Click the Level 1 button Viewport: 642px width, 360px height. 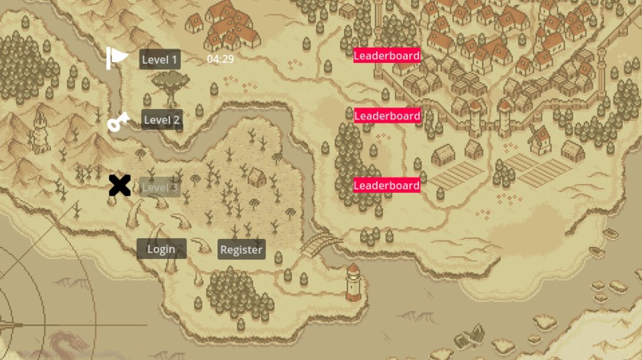[159, 59]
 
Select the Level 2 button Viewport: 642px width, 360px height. [162, 120]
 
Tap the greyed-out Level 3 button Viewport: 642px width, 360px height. [160, 187]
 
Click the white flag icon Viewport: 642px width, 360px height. [117, 57]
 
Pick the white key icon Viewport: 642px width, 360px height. [118, 122]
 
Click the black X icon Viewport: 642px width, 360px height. [119, 186]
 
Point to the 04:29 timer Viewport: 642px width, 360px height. [220, 59]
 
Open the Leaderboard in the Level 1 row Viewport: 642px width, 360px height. [386, 55]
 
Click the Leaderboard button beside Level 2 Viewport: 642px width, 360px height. [386, 115]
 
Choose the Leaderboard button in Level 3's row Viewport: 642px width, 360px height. [386, 186]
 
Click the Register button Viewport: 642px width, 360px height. [241, 249]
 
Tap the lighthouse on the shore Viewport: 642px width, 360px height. [353, 282]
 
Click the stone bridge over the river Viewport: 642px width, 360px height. [321, 244]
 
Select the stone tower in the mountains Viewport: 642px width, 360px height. [41, 132]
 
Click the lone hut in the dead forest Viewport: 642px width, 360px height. [256, 177]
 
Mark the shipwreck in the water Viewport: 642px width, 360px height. [470, 337]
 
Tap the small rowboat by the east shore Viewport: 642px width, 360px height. [610, 235]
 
